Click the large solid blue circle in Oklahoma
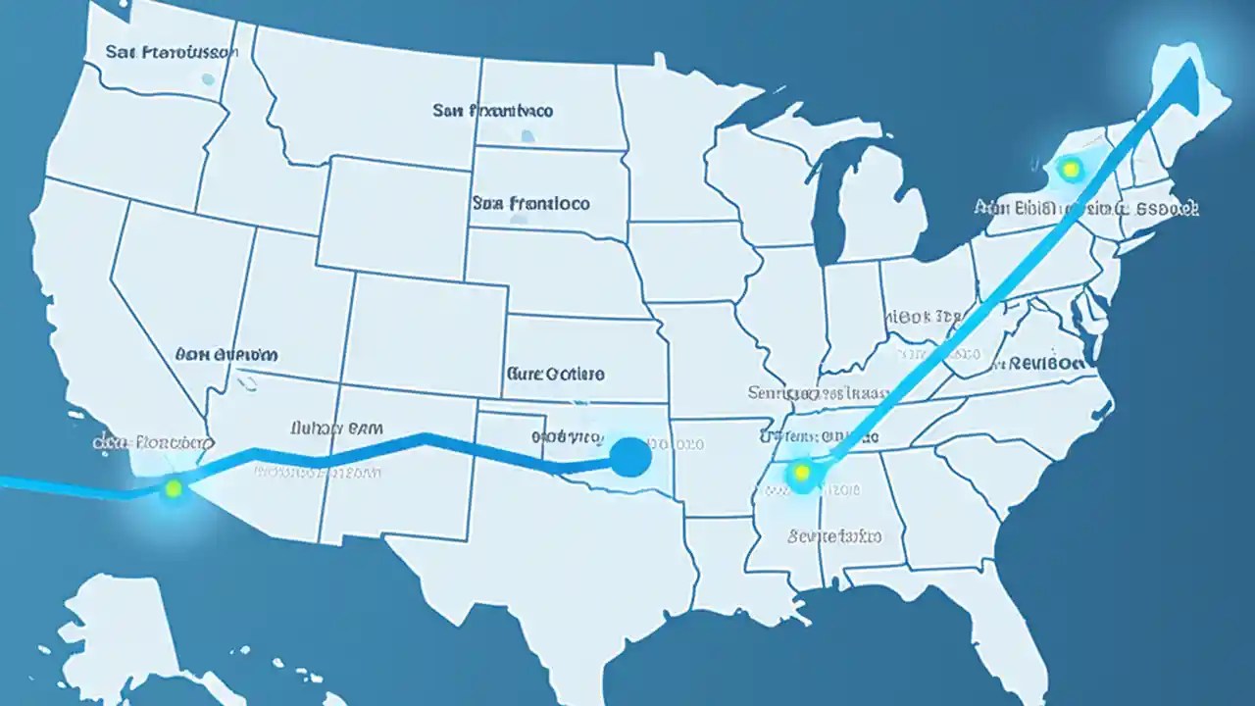629,457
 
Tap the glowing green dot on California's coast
174,486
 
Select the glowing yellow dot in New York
1071,169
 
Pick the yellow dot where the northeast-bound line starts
801,474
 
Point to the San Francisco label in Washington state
171,51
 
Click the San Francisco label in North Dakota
492,111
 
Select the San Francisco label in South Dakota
530,203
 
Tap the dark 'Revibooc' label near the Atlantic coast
1041,362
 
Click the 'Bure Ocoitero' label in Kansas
555,374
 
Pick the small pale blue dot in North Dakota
527,136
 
